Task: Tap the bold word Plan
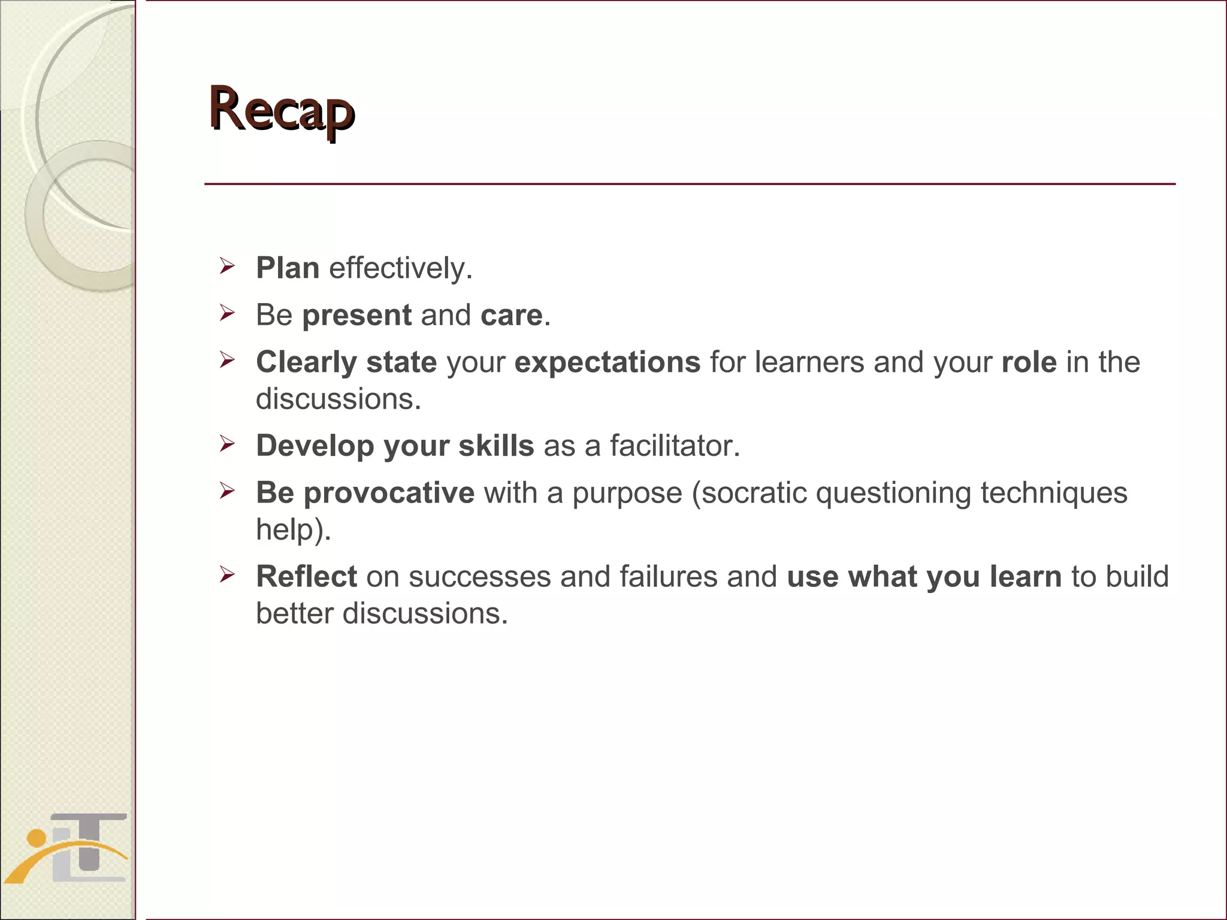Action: pos(288,268)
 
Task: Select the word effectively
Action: pos(400,268)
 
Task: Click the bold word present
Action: pos(356,315)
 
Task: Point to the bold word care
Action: pos(511,315)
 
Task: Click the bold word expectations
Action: pos(607,362)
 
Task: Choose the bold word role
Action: pos(1029,362)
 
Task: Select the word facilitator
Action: pos(675,446)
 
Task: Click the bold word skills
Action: pos(495,446)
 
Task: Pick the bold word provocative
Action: pos(389,493)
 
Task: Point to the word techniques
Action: pos(1053,493)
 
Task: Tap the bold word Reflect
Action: pos(306,576)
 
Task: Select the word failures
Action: pos(668,576)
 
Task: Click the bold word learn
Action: pos(1025,576)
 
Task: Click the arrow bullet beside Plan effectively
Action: pos(226,265)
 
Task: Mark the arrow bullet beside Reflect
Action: pos(226,574)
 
